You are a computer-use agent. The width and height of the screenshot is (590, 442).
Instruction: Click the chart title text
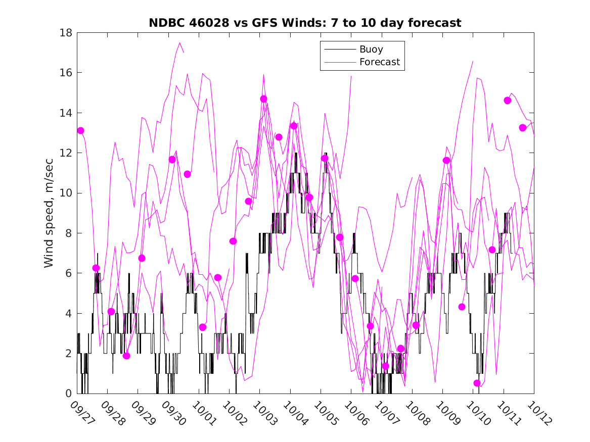coord(305,23)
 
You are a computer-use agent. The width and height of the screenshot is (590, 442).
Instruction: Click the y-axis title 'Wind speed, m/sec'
coord(49,213)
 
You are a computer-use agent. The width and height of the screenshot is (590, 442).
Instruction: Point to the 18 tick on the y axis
coord(66,33)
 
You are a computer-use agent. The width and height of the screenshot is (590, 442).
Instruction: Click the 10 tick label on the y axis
coord(66,193)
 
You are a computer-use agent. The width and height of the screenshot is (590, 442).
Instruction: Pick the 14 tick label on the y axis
coord(66,113)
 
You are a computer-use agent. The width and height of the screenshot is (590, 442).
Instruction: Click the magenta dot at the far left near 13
coord(80,130)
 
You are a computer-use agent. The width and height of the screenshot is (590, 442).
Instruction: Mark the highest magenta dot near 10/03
coord(263,99)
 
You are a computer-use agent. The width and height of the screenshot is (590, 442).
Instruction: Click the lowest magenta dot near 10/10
coord(477,383)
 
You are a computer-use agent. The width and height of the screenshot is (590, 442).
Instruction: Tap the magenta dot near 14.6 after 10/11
coord(508,100)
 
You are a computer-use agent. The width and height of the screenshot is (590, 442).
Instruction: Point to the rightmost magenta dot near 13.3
coord(523,128)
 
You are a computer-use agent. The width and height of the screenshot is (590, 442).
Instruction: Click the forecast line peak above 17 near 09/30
coord(180,43)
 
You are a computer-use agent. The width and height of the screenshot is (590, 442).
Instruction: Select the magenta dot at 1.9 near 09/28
coord(126,356)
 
